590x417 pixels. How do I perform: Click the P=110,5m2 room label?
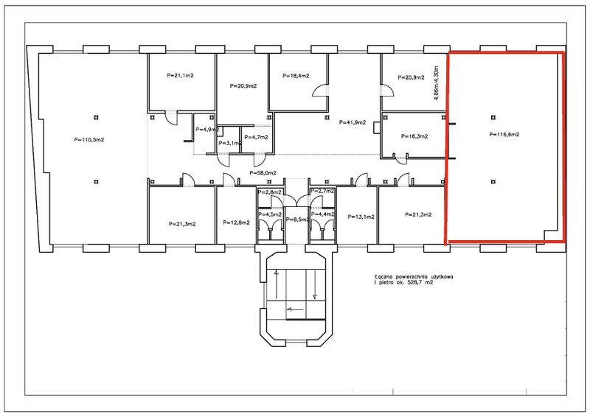coord(89,140)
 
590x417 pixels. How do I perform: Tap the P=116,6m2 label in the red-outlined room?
coord(504,134)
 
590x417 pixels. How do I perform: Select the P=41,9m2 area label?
coord(353,122)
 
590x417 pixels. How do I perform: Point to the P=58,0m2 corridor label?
coord(263,173)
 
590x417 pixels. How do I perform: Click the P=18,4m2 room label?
coord(296,76)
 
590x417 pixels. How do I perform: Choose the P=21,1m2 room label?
coord(180,75)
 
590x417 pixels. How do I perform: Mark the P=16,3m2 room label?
coord(414,136)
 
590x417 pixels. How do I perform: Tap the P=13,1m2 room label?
coord(361,217)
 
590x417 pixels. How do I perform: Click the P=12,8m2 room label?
coord(236,222)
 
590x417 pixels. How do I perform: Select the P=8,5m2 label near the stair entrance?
coord(297,220)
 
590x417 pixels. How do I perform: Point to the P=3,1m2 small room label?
coord(229,143)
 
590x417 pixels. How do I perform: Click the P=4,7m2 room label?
coord(256,137)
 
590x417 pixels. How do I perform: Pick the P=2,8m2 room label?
coord(270,192)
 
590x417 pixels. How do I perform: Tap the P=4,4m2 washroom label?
coord(322,214)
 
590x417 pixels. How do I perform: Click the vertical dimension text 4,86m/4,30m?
coord(436,83)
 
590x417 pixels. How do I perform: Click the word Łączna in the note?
coord(381,277)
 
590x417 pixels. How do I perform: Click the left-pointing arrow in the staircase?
coord(295,310)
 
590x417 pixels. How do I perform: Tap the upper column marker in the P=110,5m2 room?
coord(97,117)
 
